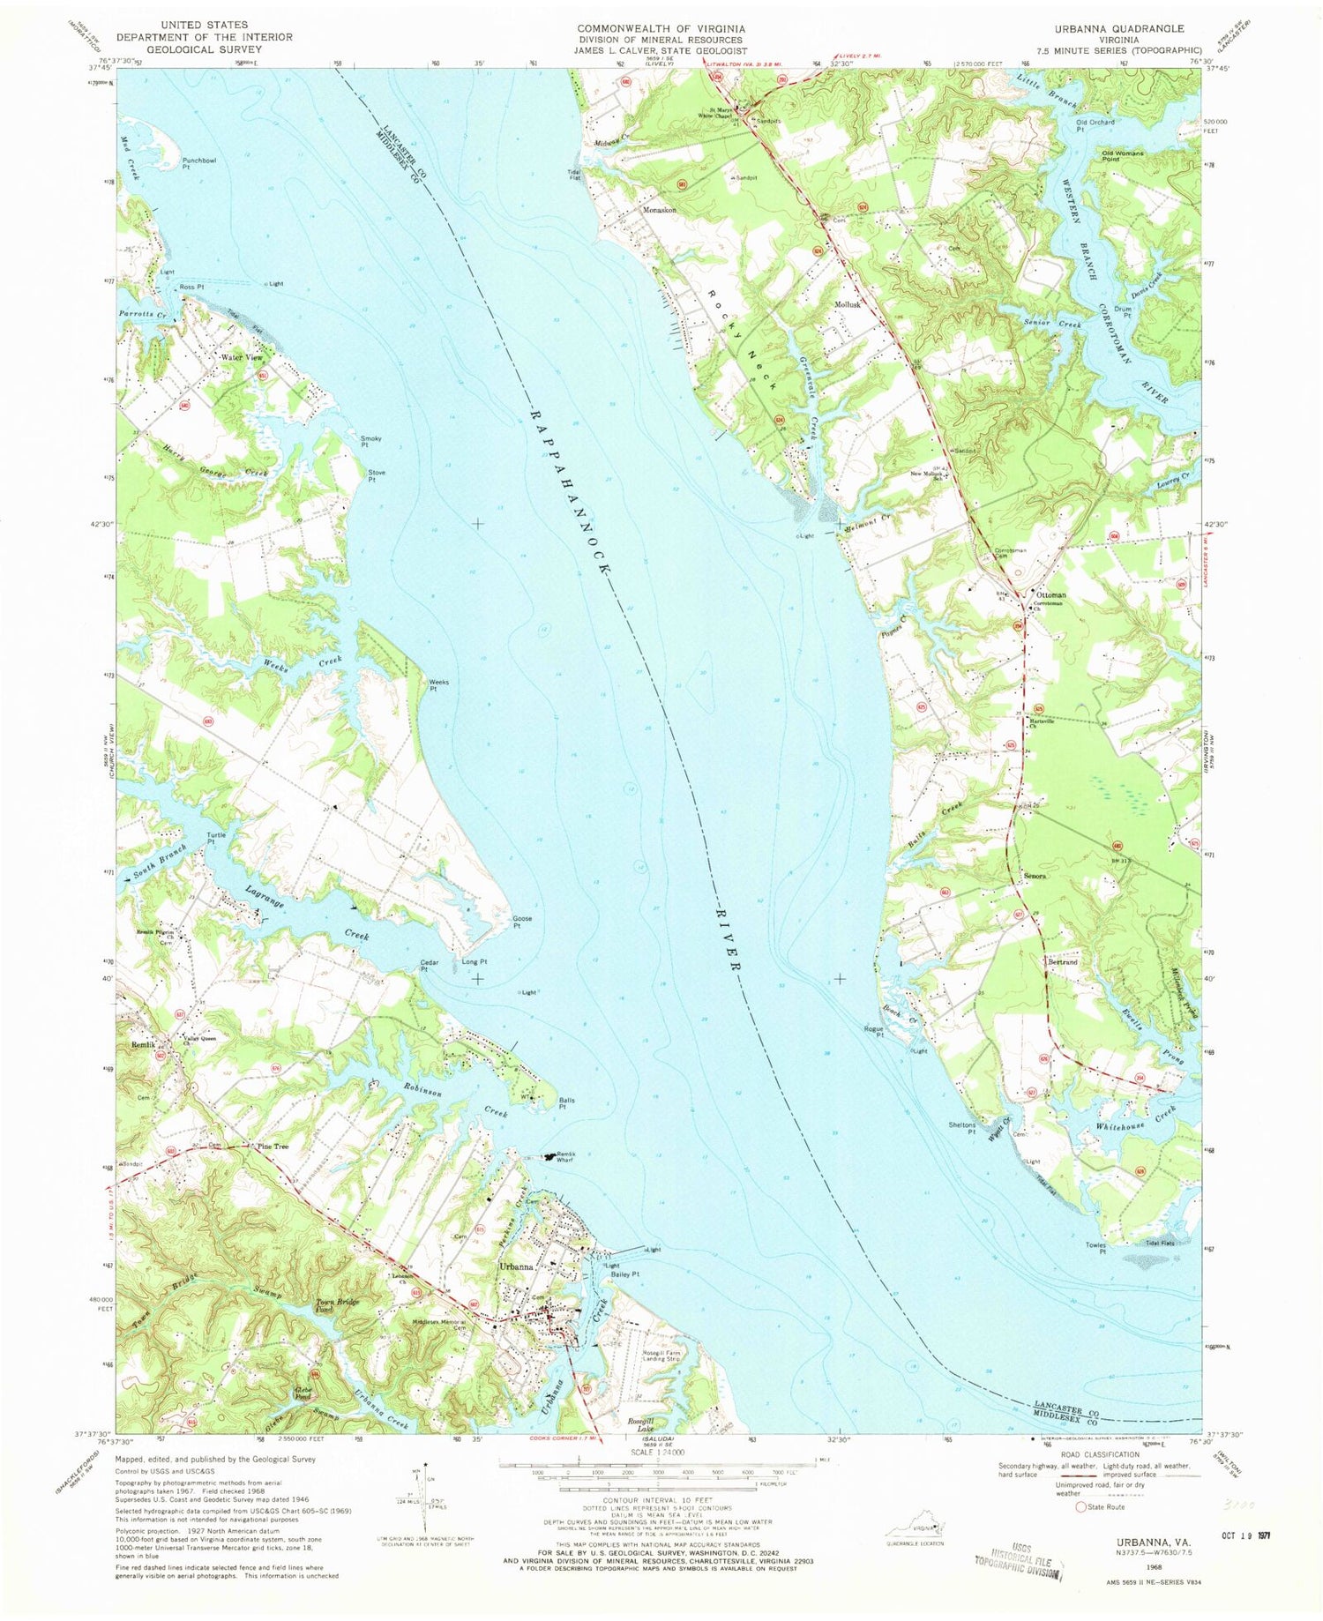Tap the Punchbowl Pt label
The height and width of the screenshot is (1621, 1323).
(199, 163)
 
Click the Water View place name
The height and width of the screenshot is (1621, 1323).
(241, 357)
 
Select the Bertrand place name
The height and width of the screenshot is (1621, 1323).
(1063, 962)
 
